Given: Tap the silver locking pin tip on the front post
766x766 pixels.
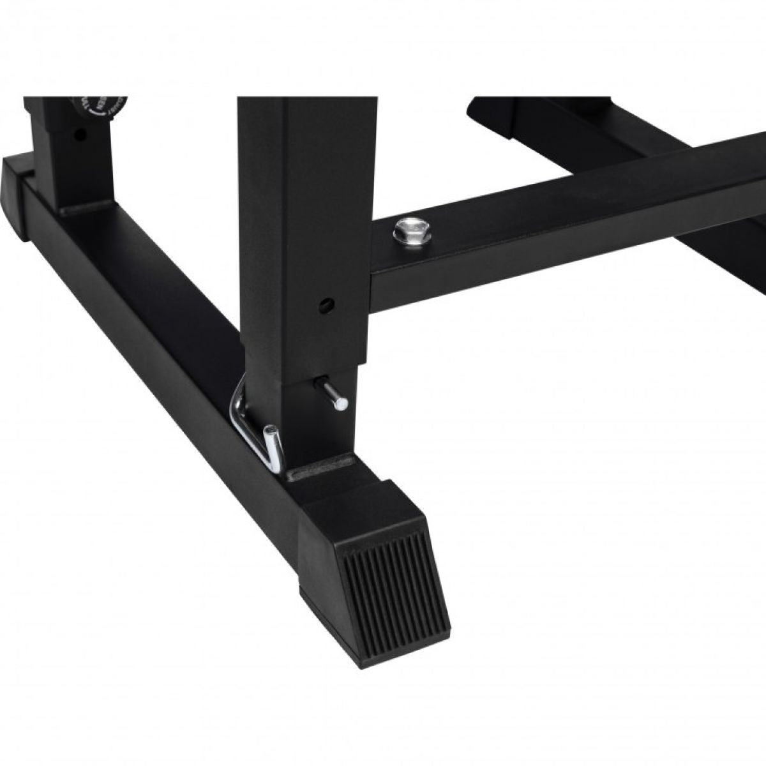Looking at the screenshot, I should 342,403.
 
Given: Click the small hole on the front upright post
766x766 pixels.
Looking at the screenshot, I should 327,303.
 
